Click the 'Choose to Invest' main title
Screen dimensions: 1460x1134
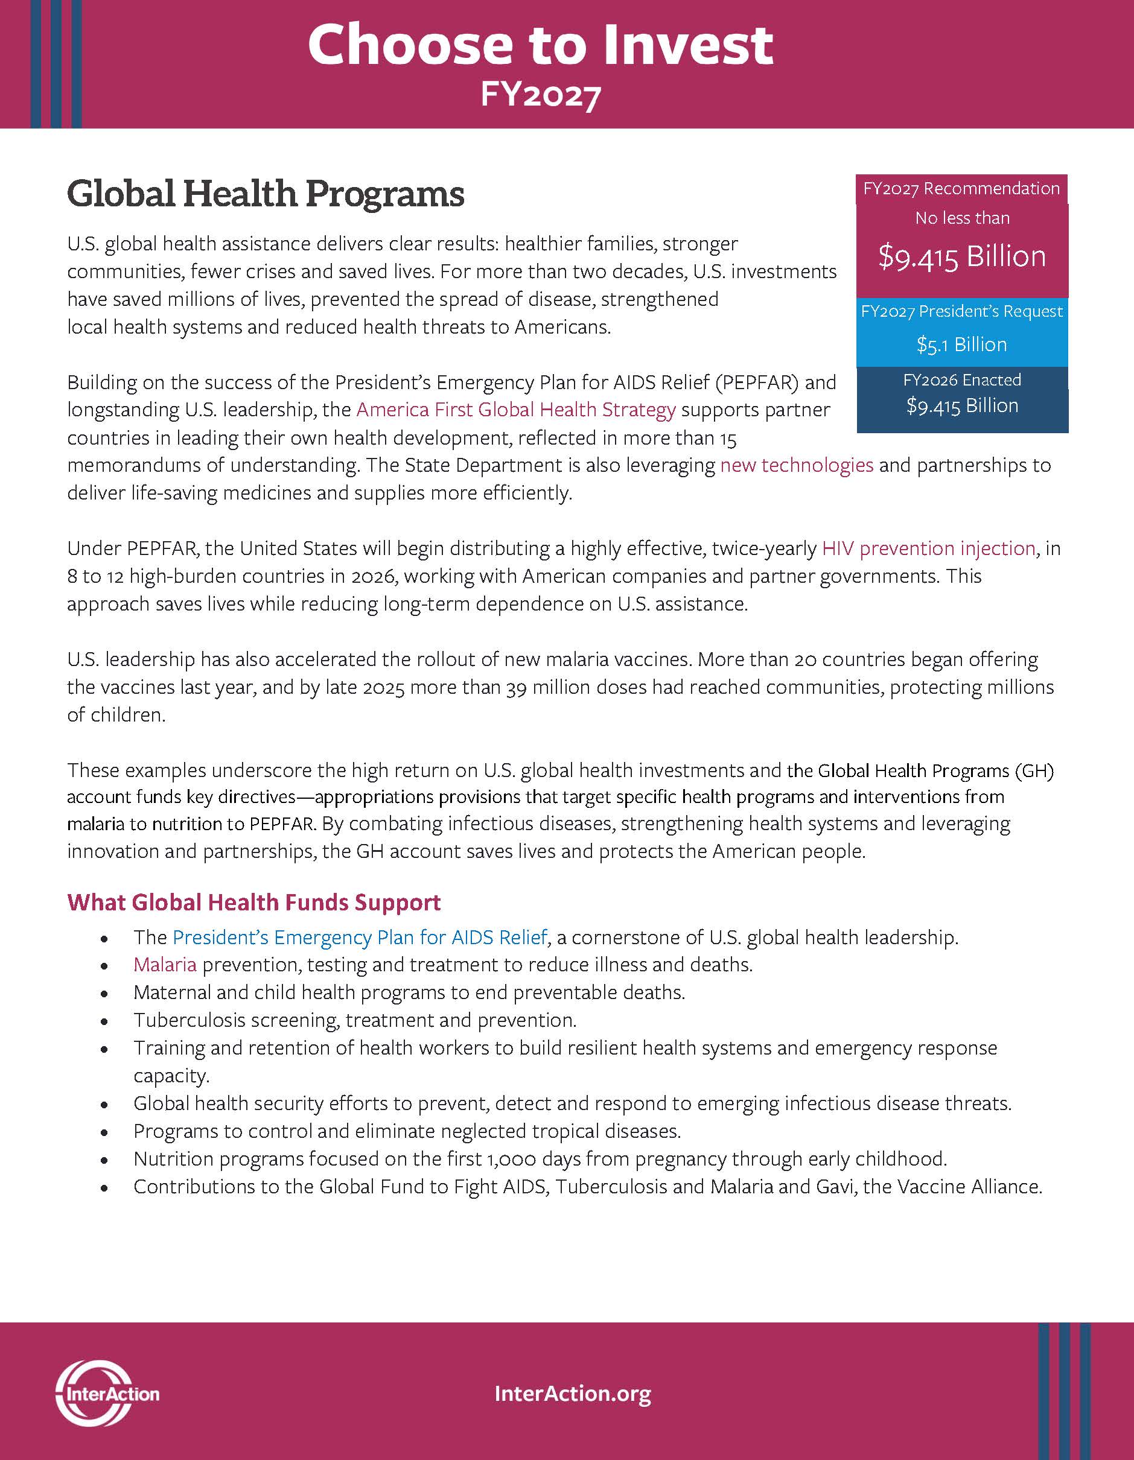coord(540,45)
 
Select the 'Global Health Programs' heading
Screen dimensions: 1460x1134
coord(266,194)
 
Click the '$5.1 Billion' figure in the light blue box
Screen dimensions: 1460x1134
coord(961,345)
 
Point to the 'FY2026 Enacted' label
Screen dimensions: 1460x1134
coord(961,380)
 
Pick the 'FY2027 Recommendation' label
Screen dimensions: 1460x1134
coord(961,188)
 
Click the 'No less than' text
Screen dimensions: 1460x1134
coord(961,218)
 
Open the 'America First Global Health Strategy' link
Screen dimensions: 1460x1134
coord(515,409)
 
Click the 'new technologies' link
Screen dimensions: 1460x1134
coord(797,465)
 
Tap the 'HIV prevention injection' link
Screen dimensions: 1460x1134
coord(928,548)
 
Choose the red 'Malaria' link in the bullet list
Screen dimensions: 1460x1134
coord(165,965)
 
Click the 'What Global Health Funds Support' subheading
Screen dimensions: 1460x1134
coord(254,903)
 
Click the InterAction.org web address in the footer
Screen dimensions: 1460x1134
coord(572,1394)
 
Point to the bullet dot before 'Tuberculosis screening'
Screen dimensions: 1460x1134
coord(104,1021)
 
